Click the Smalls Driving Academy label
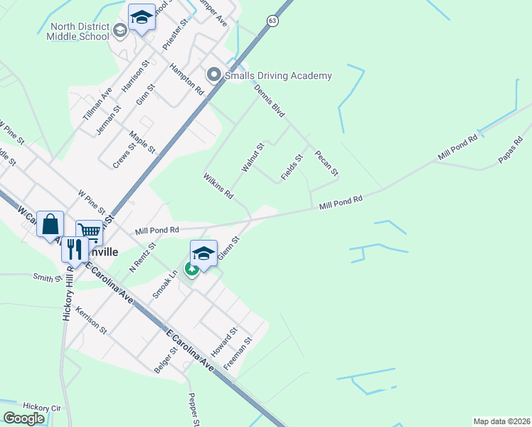(278, 75)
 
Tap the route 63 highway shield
(273, 21)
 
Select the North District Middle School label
(76, 31)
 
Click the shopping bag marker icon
(50, 224)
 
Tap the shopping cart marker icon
(89, 231)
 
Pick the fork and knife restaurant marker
(73, 249)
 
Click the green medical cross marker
(191, 269)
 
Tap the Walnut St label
(252, 157)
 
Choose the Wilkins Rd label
(218, 185)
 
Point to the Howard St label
(228, 344)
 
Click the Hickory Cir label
(42, 407)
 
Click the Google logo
(23, 418)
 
